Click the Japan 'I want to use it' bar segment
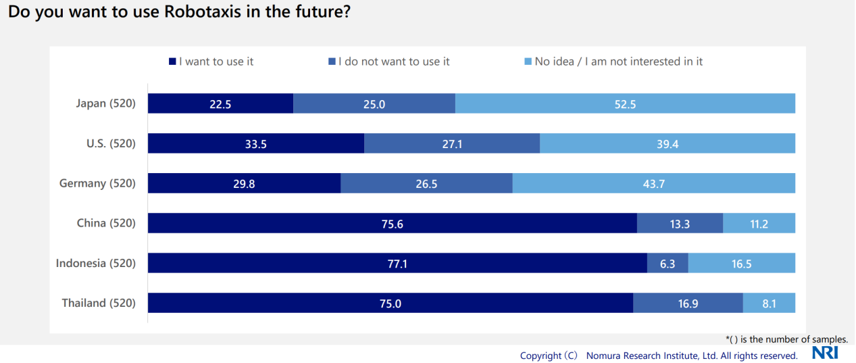pyautogui.click(x=220, y=103)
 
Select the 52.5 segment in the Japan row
pyautogui.click(x=625, y=103)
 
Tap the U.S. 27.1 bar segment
pyautogui.click(x=451, y=143)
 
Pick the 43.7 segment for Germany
pyautogui.click(x=653, y=183)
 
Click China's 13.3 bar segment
pyautogui.click(x=679, y=223)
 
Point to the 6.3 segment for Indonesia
pyautogui.click(x=667, y=263)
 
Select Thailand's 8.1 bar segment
pyautogui.click(x=769, y=304)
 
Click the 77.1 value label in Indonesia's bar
pyautogui.click(x=397, y=264)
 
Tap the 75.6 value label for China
pyautogui.click(x=392, y=224)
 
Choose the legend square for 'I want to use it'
pyautogui.click(x=172, y=62)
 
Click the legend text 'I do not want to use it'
pyautogui.click(x=394, y=62)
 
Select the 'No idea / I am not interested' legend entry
pyautogui.click(x=618, y=62)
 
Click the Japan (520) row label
pyautogui.click(x=106, y=103)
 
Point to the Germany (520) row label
pyautogui.click(x=97, y=183)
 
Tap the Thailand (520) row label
pyautogui.click(x=99, y=304)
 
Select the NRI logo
pyautogui.click(x=825, y=353)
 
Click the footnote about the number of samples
pyautogui.click(x=786, y=339)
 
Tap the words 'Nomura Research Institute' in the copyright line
pyautogui.click(x=642, y=356)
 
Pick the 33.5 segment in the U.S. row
pyautogui.click(x=255, y=143)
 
